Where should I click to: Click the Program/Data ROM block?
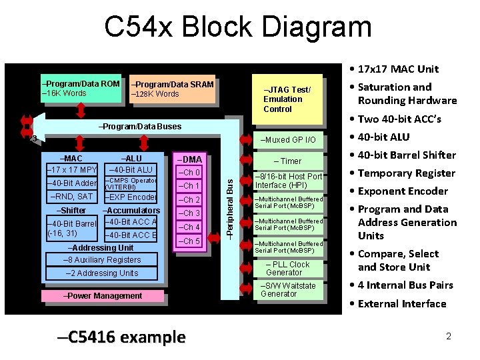[81, 89]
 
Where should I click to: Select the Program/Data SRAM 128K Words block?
[173, 89]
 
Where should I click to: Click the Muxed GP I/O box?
[284, 140]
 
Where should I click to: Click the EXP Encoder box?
[130, 197]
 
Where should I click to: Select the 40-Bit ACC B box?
[131, 235]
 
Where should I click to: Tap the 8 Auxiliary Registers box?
[102, 260]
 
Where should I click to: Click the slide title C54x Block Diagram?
[238, 27]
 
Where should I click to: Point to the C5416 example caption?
[121, 337]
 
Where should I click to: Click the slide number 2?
[449, 336]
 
